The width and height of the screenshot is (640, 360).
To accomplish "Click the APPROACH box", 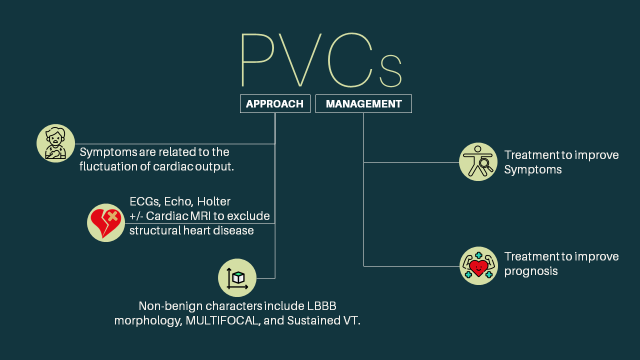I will pyautogui.click(x=275, y=104).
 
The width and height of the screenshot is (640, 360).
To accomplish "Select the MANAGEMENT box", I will pyautogui.click(x=363, y=104).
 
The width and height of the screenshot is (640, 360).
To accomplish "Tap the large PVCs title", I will pyautogui.click(x=320, y=61).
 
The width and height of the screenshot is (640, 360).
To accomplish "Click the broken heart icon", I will pyautogui.click(x=106, y=223).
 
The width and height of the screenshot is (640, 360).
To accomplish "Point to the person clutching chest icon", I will pyautogui.click(x=56, y=143).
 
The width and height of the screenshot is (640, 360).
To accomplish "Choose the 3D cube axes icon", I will pyautogui.click(x=237, y=278).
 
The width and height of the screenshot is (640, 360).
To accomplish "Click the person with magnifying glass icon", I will pyautogui.click(x=478, y=162).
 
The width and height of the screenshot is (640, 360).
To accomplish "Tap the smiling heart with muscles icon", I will pyautogui.click(x=478, y=266).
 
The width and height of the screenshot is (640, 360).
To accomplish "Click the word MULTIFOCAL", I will pyautogui.click(x=223, y=320).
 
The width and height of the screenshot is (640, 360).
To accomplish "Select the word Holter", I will pyautogui.click(x=213, y=201).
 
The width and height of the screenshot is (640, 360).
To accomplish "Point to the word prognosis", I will pyautogui.click(x=531, y=271).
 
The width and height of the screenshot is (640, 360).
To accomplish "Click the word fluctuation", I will pyautogui.click(x=107, y=166).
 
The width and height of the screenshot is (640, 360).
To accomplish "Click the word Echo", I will pyautogui.click(x=178, y=201).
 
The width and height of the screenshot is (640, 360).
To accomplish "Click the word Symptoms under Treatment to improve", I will pyautogui.click(x=533, y=169).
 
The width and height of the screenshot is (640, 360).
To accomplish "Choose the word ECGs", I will pyautogui.click(x=144, y=201).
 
